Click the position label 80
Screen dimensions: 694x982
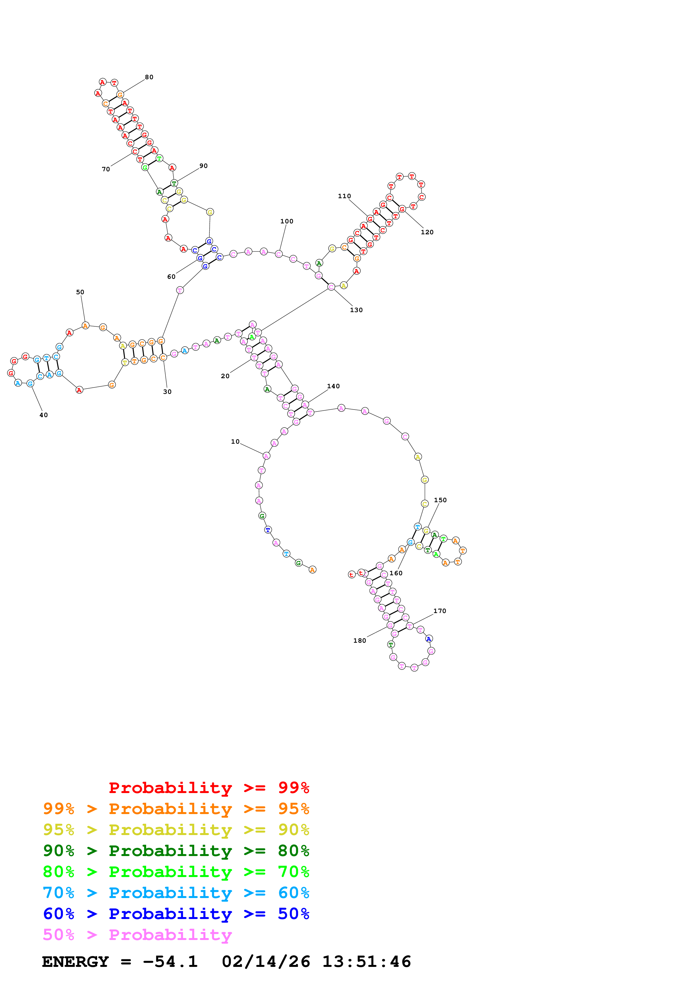click(149, 78)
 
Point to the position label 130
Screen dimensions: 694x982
click(356, 310)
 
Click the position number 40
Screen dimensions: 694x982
click(44, 415)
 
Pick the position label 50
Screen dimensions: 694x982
click(80, 292)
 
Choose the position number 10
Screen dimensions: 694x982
click(235, 441)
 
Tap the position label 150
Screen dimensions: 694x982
click(440, 500)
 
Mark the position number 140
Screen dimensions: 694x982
click(333, 386)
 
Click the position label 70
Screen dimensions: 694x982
click(106, 169)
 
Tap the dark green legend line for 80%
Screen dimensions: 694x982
click(176, 851)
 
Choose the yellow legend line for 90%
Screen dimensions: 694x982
click(176, 830)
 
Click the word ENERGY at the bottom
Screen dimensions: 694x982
click(75, 962)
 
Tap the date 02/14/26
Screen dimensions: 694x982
click(266, 962)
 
